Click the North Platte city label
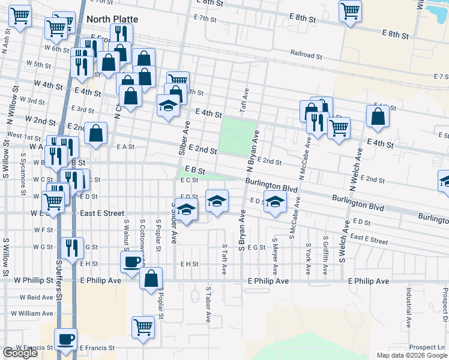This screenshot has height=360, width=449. point(112,19)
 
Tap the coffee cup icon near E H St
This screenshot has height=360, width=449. point(132,261)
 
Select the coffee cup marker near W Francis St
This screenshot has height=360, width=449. point(66,338)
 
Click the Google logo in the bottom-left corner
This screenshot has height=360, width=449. point(20,353)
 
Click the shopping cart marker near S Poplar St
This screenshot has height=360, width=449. point(143,327)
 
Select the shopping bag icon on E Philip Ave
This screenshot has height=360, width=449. point(151,278)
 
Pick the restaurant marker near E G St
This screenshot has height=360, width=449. point(72,247)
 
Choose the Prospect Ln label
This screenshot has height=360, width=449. point(426,347)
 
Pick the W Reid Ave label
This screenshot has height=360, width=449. point(36,297)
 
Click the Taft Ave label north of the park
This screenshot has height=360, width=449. point(245,97)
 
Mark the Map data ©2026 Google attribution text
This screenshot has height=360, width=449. point(411,355)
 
